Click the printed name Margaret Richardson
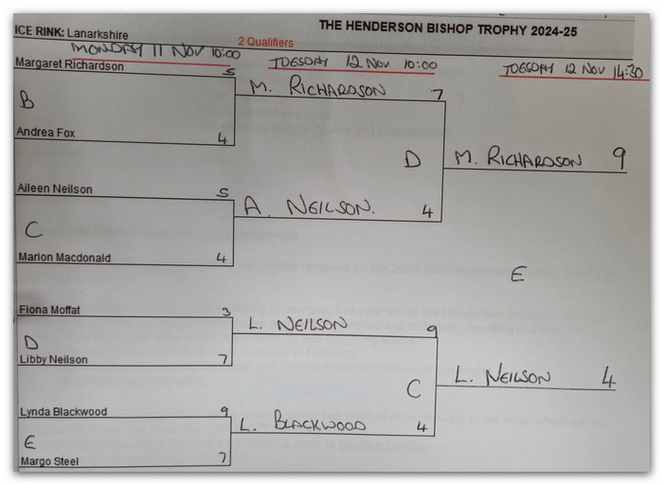pos(69,65)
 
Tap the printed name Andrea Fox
pos(45,134)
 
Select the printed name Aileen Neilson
pos(54,189)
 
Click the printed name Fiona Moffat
pos(48,310)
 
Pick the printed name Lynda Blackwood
pos(61,412)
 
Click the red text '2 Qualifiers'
pos(265,43)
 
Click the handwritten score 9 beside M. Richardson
pos(618,157)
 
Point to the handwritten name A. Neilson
pos(297,206)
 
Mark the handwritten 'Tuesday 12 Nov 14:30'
pos(574,71)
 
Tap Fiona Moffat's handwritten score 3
pos(224,310)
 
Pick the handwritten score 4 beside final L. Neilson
pos(608,379)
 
